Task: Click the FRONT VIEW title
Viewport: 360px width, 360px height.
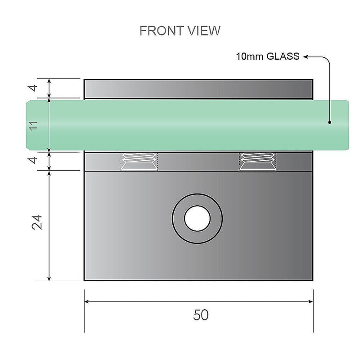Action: click(x=180, y=31)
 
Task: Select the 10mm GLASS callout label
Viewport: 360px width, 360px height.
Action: click(x=268, y=57)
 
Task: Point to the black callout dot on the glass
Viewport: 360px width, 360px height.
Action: click(x=330, y=122)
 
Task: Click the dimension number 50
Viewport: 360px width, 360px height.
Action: click(x=201, y=315)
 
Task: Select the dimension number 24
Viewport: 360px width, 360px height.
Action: click(x=38, y=222)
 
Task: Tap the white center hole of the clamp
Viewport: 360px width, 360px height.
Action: click(x=197, y=219)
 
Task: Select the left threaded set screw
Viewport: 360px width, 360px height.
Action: click(x=139, y=162)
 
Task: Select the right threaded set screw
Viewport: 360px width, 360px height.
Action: click(x=258, y=162)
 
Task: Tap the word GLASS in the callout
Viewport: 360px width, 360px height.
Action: click(x=283, y=57)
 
